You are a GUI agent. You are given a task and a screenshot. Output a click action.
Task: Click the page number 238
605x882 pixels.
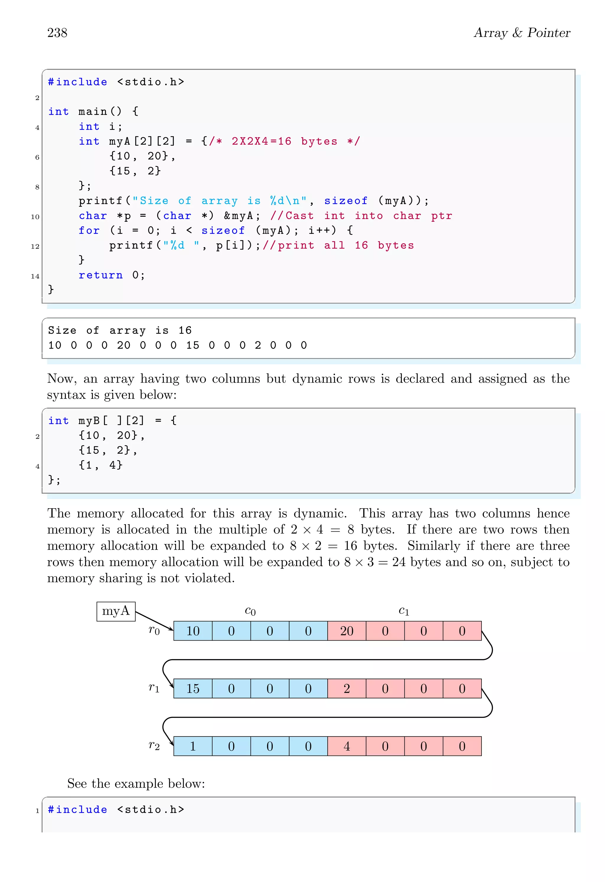pos(57,33)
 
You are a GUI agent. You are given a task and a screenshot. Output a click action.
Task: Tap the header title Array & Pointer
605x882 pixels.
pos(522,33)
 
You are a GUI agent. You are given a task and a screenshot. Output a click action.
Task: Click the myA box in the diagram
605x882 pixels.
pos(116,611)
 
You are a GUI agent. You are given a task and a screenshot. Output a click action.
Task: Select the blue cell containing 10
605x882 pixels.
pos(193,631)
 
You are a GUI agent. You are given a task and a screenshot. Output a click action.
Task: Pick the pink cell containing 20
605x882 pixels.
pos(346,631)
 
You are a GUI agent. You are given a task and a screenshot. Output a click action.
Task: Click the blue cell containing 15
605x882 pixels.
pos(193,688)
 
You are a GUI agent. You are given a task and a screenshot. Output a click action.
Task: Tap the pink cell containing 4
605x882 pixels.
pos(346,746)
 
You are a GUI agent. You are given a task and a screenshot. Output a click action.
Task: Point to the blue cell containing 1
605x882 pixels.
pos(193,746)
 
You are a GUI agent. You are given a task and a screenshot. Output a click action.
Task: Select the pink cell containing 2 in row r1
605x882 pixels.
pos(346,688)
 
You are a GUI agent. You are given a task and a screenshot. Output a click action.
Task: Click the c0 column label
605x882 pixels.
pos(250,611)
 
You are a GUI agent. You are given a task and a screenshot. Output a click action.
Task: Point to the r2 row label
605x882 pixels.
pos(154,745)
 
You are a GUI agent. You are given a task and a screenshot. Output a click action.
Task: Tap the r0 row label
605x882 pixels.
pos(154,630)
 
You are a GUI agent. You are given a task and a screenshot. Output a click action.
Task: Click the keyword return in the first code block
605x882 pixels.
pos(101,275)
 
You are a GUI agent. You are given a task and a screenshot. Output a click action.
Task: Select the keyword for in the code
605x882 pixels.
pos(89,230)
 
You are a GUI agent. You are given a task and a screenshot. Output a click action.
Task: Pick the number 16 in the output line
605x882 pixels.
pos(185,331)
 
